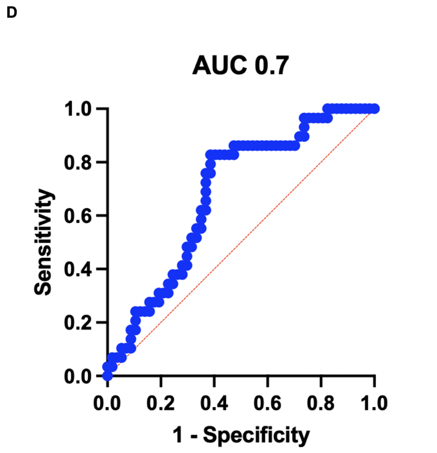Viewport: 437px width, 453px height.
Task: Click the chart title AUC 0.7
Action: point(240,66)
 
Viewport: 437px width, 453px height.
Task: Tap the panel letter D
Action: point(12,14)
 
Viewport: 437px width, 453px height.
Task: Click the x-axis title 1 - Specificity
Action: point(241,435)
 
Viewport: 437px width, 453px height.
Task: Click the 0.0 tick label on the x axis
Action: point(108,403)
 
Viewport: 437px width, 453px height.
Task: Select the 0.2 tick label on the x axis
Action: point(161,403)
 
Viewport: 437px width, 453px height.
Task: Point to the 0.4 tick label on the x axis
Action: point(214,403)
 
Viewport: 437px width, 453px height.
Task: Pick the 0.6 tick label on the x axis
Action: point(267,403)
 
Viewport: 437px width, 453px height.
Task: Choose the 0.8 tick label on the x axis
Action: point(321,403)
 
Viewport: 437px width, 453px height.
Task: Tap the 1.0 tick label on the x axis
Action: point(374,403)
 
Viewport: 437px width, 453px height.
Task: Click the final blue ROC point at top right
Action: point(375,108)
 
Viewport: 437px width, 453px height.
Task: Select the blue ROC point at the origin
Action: point(108,375)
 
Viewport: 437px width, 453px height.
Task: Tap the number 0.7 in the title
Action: point(271,66)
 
